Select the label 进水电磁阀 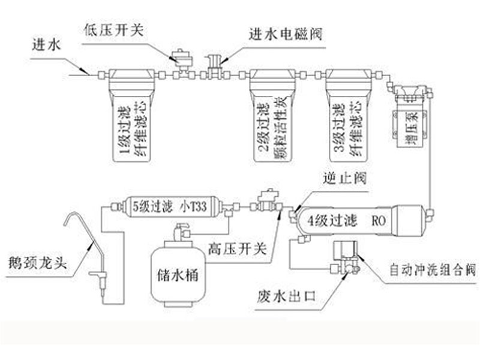(286, 34)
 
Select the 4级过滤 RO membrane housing (359, 220)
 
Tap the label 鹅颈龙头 (35, 262)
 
